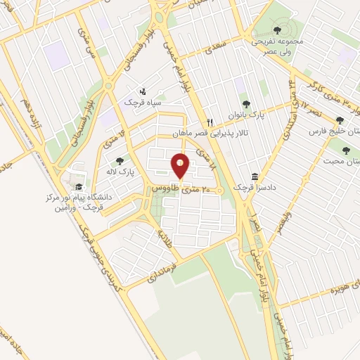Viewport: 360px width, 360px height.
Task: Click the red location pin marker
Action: pyautogui.click(x=181, y=166)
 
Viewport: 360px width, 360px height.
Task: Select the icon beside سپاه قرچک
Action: pyautogui.click(x=144, y=91)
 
